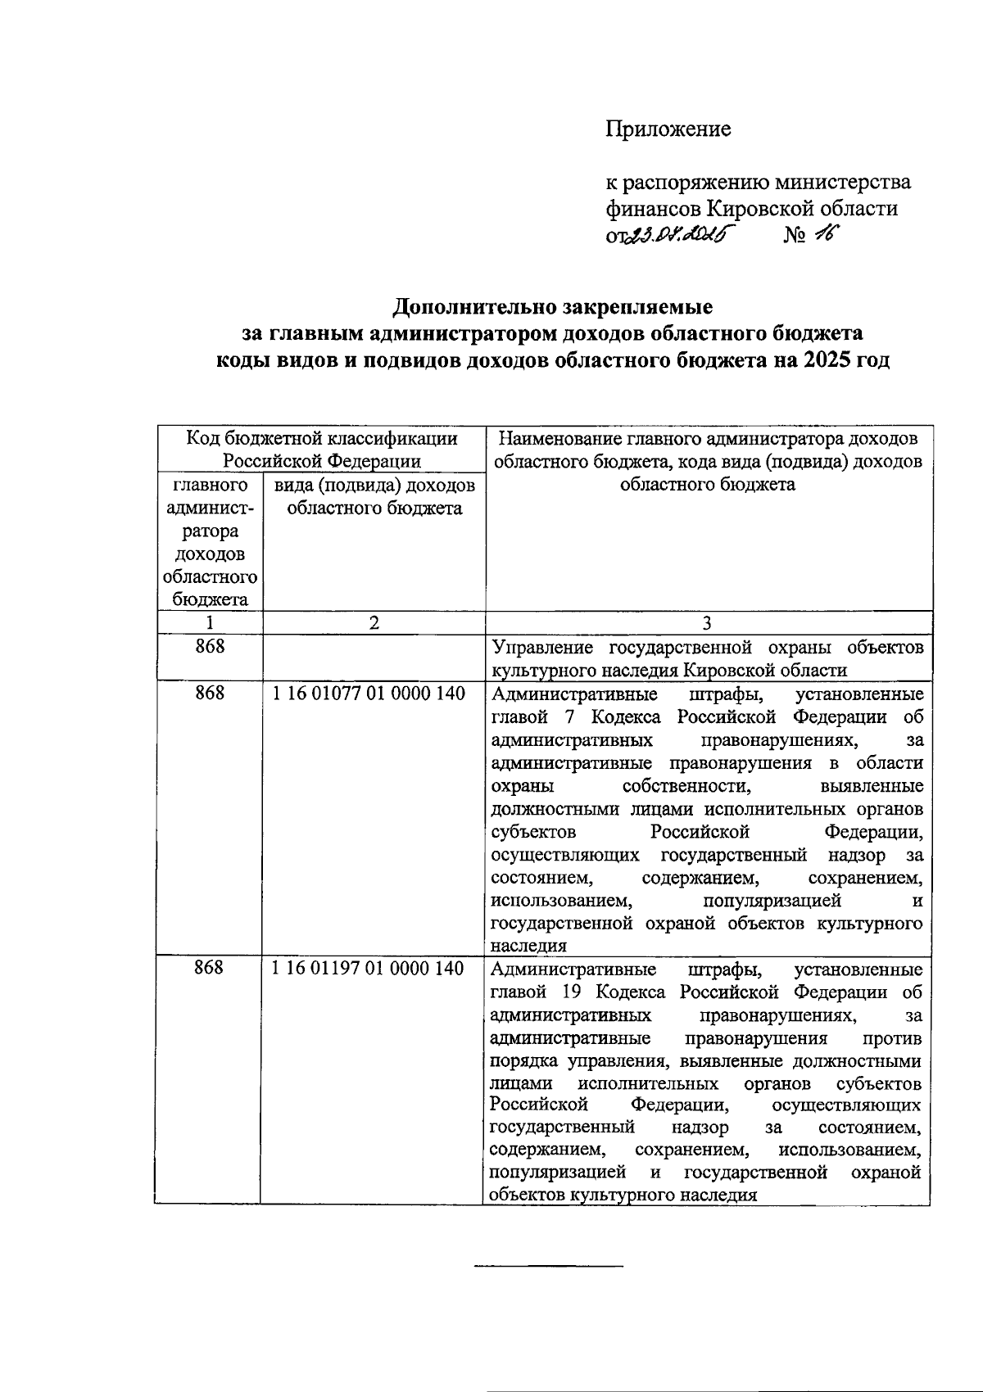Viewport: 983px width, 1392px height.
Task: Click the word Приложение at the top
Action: click(668, 129)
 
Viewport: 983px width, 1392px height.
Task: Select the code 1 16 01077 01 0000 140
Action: click(369, 694)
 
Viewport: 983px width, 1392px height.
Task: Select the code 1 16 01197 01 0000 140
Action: click(369, 969)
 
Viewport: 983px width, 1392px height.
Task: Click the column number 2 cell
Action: click(374, 622)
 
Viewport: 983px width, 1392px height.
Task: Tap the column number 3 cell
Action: click(708, 622)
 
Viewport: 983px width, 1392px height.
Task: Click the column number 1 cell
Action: click(210, 622)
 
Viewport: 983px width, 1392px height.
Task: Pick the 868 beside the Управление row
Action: click(210, 648)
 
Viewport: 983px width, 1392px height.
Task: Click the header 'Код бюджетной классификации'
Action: click(322, 438)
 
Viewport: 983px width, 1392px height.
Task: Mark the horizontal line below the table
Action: click(549, 1268)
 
